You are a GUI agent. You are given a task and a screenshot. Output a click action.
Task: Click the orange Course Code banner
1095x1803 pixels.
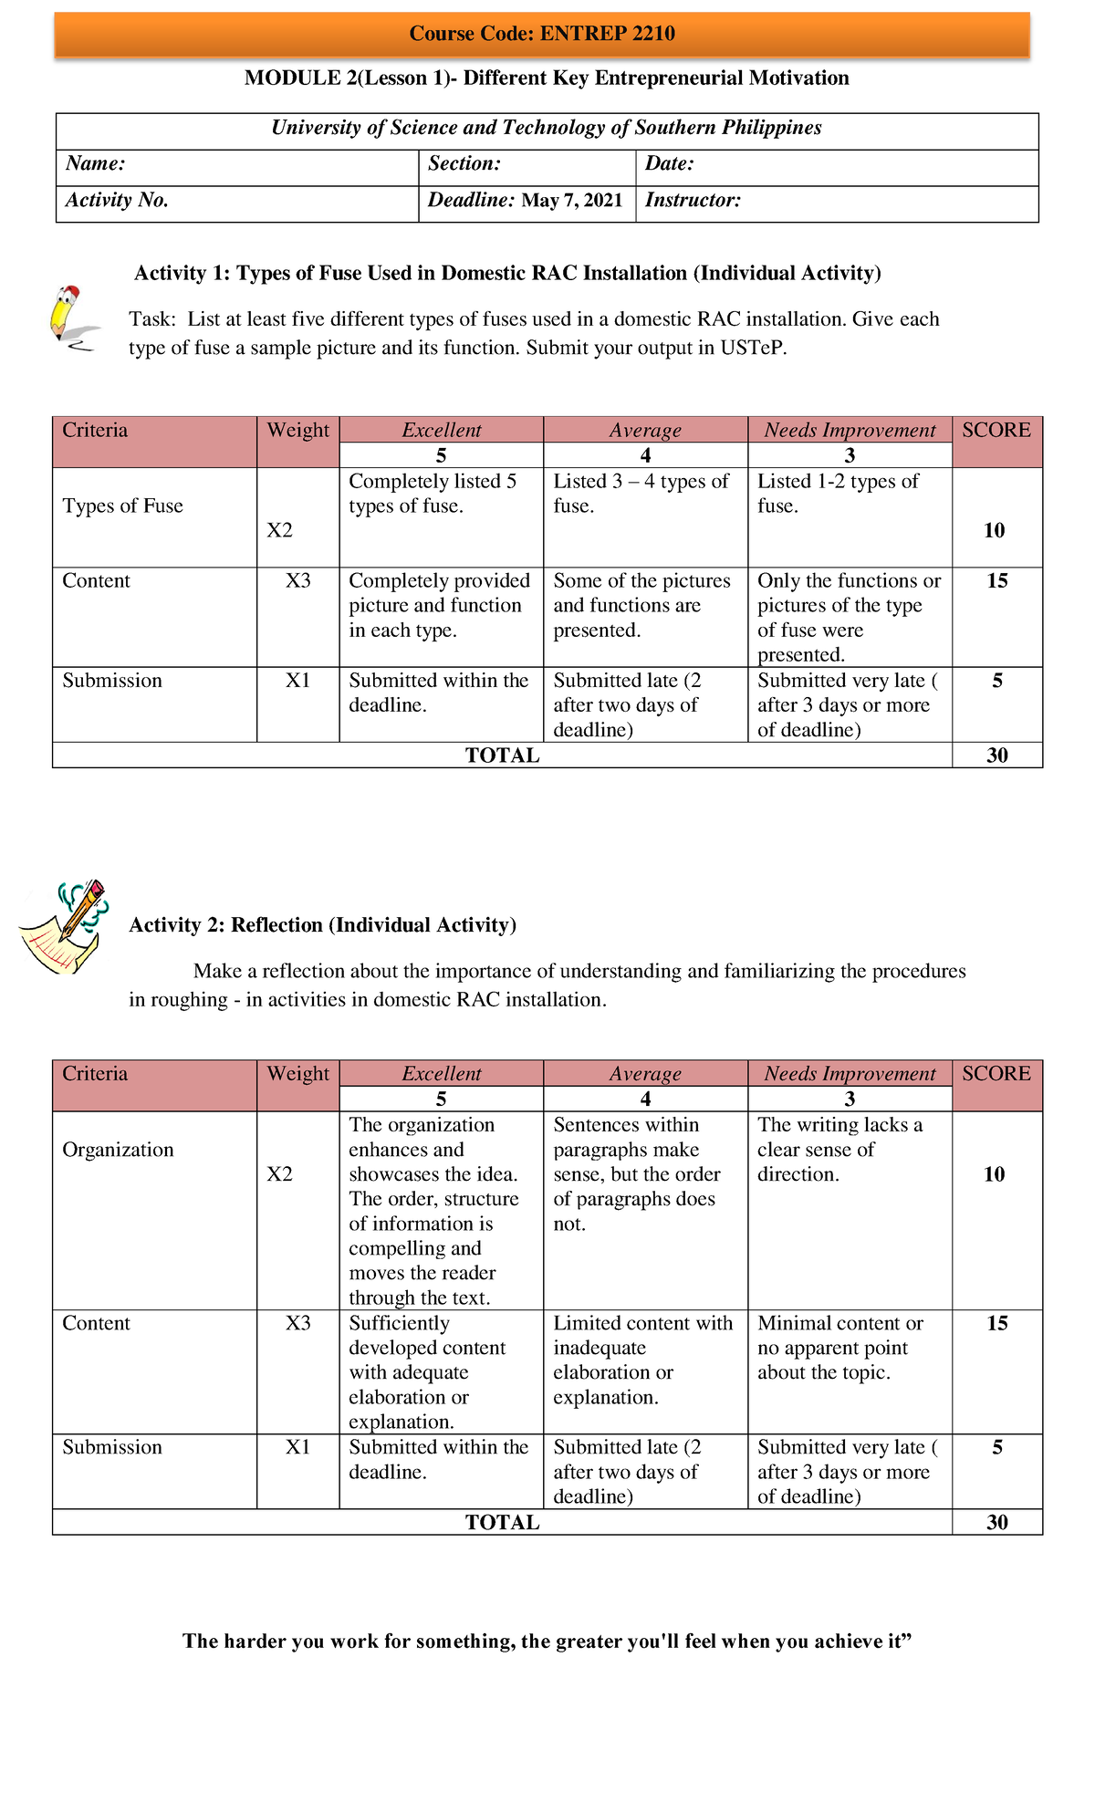tap(542, 35)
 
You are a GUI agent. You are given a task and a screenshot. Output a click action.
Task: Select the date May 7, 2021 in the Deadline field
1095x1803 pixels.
tap(572, 201)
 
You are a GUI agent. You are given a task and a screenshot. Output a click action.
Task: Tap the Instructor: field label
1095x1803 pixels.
tap(693, 201)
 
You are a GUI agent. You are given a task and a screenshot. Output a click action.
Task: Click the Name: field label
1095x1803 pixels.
tap(95, 164)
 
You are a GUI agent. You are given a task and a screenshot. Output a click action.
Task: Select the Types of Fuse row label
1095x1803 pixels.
tap(122, 506)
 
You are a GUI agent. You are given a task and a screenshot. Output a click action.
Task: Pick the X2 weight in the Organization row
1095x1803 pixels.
tap(280, 1174)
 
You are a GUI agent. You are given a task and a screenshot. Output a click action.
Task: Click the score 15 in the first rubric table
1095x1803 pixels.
tap(996, 581)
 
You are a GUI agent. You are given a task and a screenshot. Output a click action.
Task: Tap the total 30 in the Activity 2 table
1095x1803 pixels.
tap(996, 1522)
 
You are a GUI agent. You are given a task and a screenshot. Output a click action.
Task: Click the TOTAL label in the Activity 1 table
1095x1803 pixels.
tap(502, 756)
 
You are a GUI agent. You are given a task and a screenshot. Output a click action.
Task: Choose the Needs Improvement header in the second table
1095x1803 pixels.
tap(850, 1074)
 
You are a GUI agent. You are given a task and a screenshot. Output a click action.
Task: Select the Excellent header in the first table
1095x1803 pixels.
tap(442, 431)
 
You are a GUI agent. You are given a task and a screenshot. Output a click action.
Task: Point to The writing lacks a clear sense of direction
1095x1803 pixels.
tap(839, 1150)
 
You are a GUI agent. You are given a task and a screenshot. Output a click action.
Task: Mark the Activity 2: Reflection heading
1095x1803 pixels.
tap(322, 925)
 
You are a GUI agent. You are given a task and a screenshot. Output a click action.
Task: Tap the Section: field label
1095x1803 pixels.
tap(464, 164)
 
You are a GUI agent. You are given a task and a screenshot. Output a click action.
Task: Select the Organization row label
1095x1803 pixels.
tap(118, 1150)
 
